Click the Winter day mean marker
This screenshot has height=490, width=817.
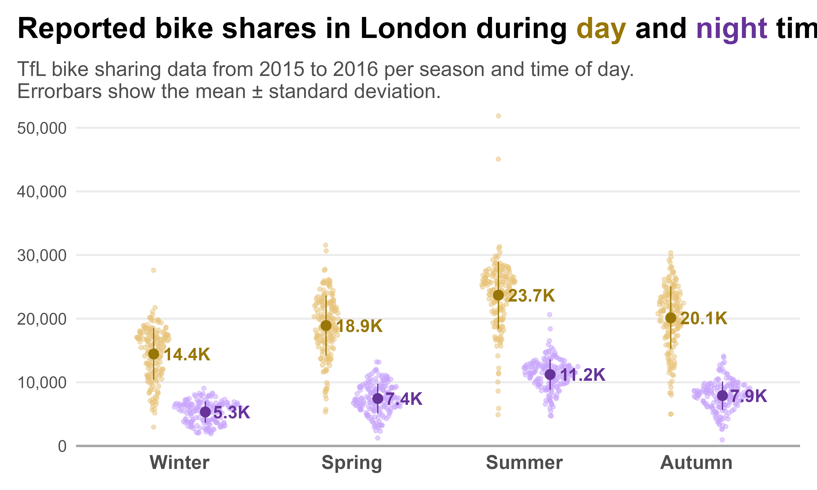pyautogui.click(x=154, y=354)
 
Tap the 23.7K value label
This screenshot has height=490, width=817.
pyautogui.click(x=531, y=296)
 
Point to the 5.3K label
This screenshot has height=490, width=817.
pyautogui.click(x=231, y=413)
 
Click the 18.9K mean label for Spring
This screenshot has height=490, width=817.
pyautogui.click(x=359, y=326)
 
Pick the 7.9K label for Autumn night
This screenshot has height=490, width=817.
pyautogui.click(x=749, y=396)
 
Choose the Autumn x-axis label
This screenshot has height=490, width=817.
pyautogui.click(x=696, y=463)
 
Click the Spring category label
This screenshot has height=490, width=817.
pyautogui.click(x=352, y=463)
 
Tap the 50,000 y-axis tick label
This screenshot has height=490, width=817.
pyautogui.click(x=42, y=128)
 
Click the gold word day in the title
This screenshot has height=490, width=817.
pyautogui.click(x=601, y=29)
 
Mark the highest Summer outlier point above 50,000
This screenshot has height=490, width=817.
pyautogui.click(x=499, y=116)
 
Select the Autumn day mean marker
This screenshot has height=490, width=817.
pyautogui.click(x=671, y=318)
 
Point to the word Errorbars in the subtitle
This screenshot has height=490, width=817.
pyautogui.click(x=59, y=91)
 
